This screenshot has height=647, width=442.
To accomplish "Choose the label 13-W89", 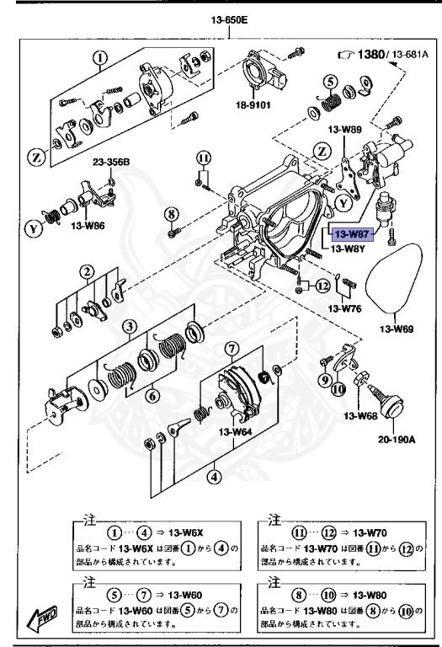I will point(344,129).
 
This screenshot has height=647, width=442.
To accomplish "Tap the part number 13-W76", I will point(346,309).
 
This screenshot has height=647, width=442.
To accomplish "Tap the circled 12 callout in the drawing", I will point(321,286).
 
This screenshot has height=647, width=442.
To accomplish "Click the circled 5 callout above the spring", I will point(331,82).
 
